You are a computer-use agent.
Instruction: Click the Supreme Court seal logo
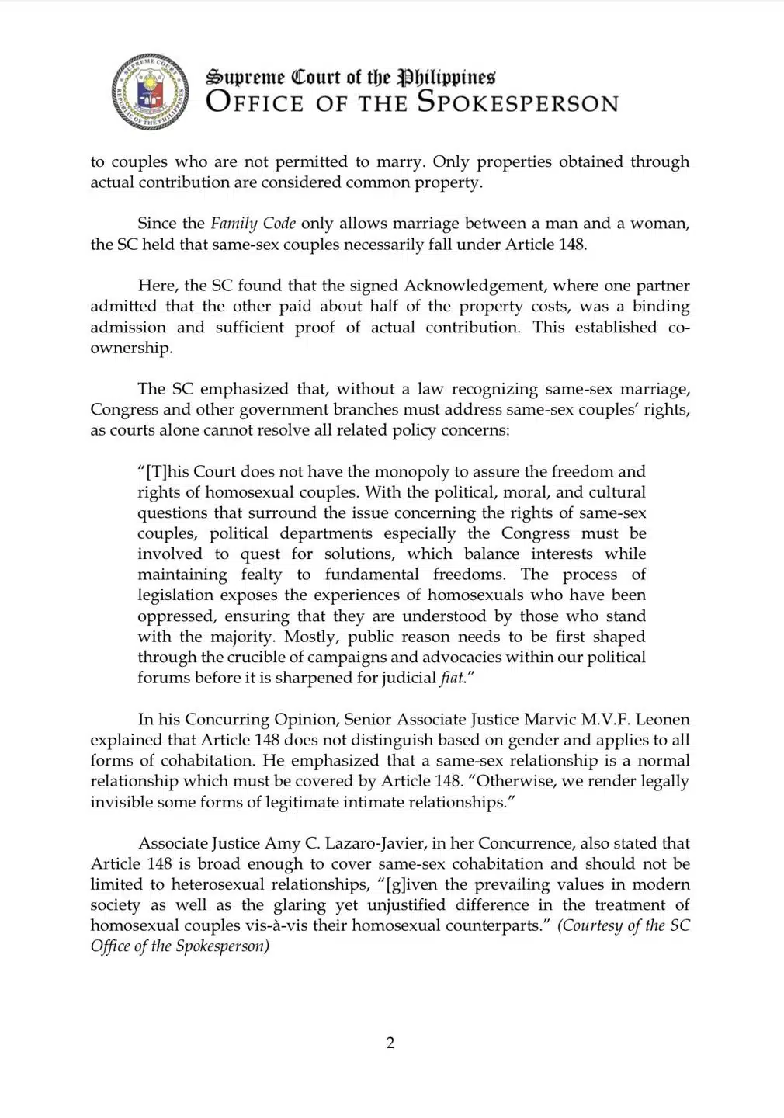(x=150, y=92)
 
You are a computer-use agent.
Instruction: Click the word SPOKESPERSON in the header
(x=518, y=102)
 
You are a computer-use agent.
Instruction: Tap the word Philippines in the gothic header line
(x=446, y=77)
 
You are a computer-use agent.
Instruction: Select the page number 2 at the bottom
(x=390, y=1043)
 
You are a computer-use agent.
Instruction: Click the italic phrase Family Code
(x=253, y=224)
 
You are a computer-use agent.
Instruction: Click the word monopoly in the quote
(x=412, y=471)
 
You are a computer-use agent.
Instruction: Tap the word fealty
(x=261, y=575)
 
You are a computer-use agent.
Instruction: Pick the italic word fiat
(x=452, y=678)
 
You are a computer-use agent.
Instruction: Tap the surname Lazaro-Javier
(x=364, y=843)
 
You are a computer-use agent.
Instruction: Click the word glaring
(x=299, y=905)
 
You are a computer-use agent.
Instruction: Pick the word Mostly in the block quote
(x=311, y=637)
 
